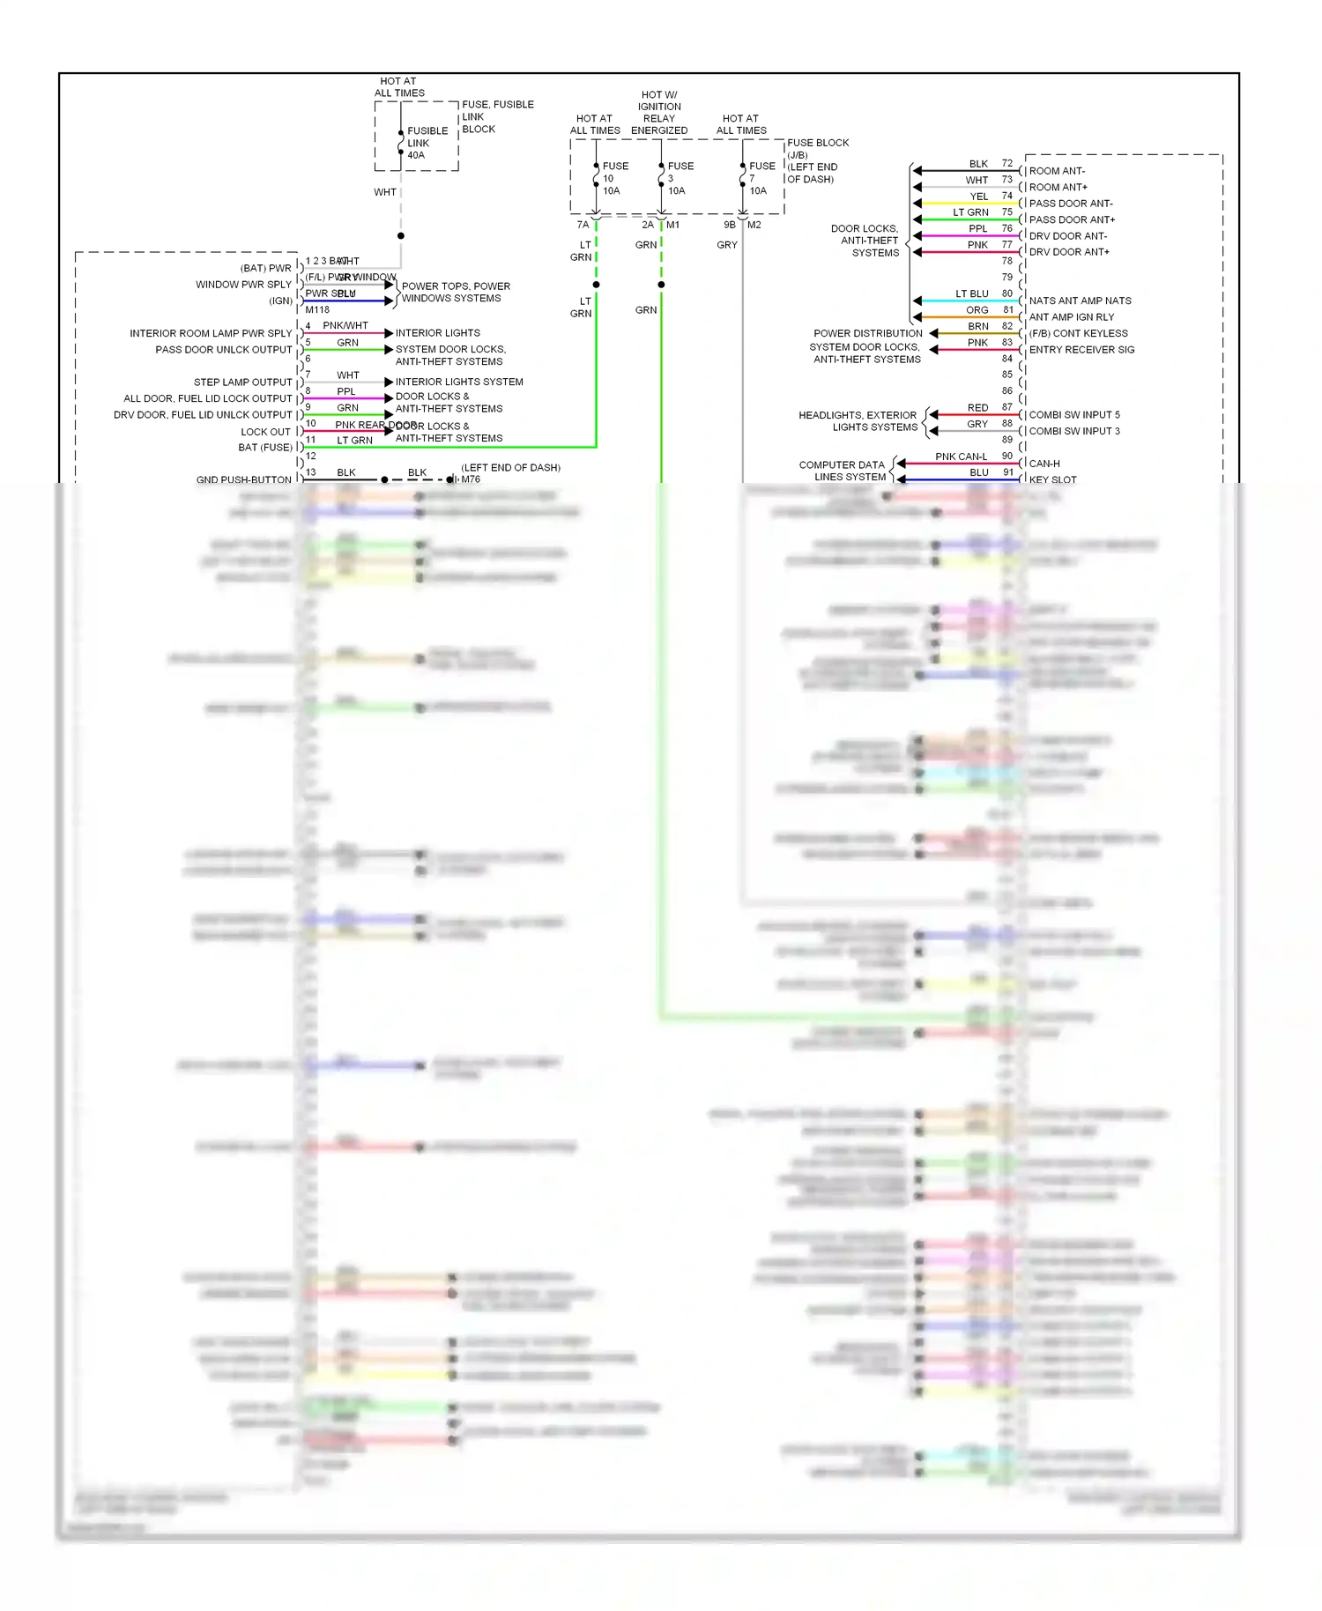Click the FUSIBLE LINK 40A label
[x=427, y=143]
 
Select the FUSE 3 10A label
[x=680, y=178]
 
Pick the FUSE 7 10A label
[x=761, y=178]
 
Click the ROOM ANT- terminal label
[x=1057, y=171]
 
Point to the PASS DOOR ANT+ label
[x=1072, y=219]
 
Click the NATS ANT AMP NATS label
[x=1080, y=301]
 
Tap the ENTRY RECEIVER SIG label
[x=1081, y=350]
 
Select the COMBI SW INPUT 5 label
[x=1074, y=415]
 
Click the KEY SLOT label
[x=1052, y=480]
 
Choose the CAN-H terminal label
[x=1044, y=464]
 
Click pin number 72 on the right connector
[x=1006, y=163]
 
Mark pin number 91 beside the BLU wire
[x=1007, y=472]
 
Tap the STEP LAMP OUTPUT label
[x=242, y=382]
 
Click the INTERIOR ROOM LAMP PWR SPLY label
[x=211, y=333]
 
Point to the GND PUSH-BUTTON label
[x=243, y=479]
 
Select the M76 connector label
[x=471, y=479]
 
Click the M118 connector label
[x=317, y=309]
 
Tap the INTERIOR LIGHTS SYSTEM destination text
[x=459, y=382]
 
